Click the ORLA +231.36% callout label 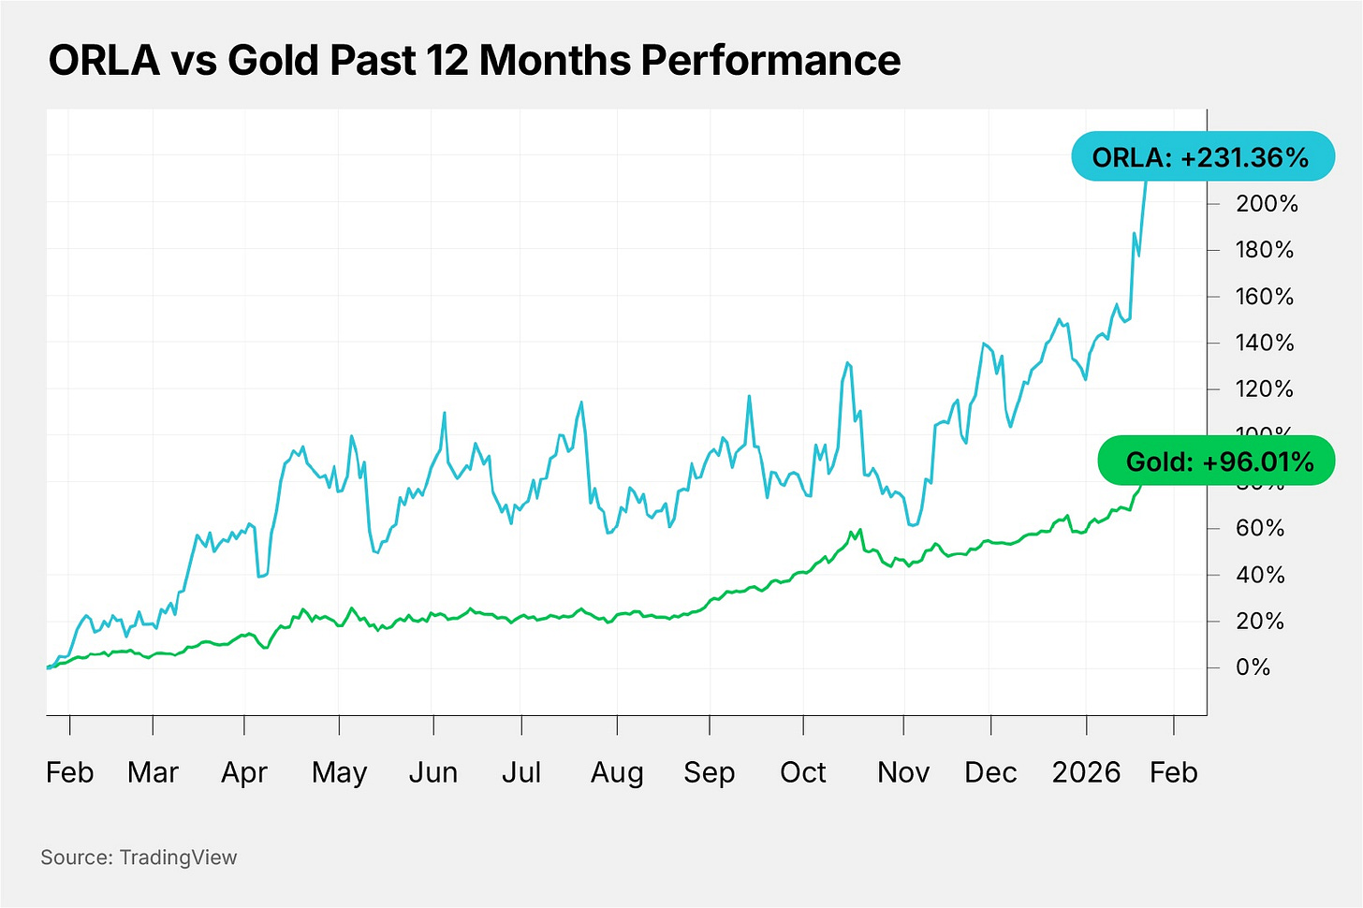click(x=1201, y=156)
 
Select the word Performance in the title click(x=770, y=61)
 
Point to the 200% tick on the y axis click(x=1266, y=204)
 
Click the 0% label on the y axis click(x=1253, y=667)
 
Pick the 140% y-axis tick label click(x=1264, y=343)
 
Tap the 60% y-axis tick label click(x=1259, y=528)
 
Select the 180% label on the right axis click(x=1264, y=250)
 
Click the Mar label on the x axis click(x=153, y=772)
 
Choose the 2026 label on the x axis click(x=1086, y=772)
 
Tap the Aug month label click(x=617, y=772)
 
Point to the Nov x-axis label click(x=903, y=772)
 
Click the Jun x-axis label click(x=433, y=772)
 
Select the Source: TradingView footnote click(x=139, y=857)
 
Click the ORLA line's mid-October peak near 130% click(x=847, y=363)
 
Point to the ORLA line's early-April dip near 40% click(x=260, y=576)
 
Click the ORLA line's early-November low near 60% click(x=911, y=524)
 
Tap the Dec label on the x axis click(x=990, y=772)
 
